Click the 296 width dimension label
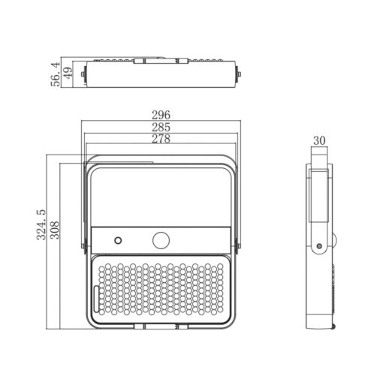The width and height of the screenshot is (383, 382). pos(161,115)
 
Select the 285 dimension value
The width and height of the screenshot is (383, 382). pos(161,127)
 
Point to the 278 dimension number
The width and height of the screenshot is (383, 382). pos(161,139)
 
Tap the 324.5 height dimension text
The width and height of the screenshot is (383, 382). pos(41,224)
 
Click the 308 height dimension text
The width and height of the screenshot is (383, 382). pos(55,230)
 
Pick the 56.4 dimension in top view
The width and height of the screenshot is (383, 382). pos(56,74)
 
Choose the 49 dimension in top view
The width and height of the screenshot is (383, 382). pos(67,73)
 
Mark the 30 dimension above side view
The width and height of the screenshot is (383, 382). pos(319,140)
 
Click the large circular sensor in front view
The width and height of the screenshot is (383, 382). pos(161,240)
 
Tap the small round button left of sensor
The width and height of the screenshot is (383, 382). pos(118,241)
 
